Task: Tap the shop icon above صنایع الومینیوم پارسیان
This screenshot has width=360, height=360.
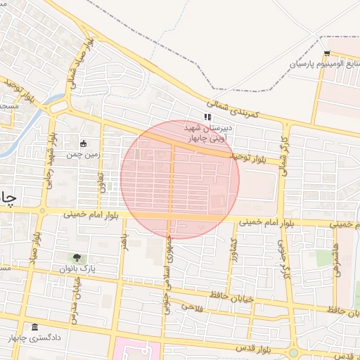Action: pos(327,54)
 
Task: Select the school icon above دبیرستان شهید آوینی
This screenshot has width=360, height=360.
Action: pos(207,117)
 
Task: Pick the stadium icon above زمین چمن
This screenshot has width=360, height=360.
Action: pos(84,143)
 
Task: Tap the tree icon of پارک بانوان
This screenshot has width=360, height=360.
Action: pos(77,259)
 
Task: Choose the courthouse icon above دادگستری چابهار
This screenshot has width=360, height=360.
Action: pos(35,328)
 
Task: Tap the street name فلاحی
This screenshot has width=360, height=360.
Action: pos(191,307)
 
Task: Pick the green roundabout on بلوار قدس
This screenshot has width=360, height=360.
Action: pos(293,352)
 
